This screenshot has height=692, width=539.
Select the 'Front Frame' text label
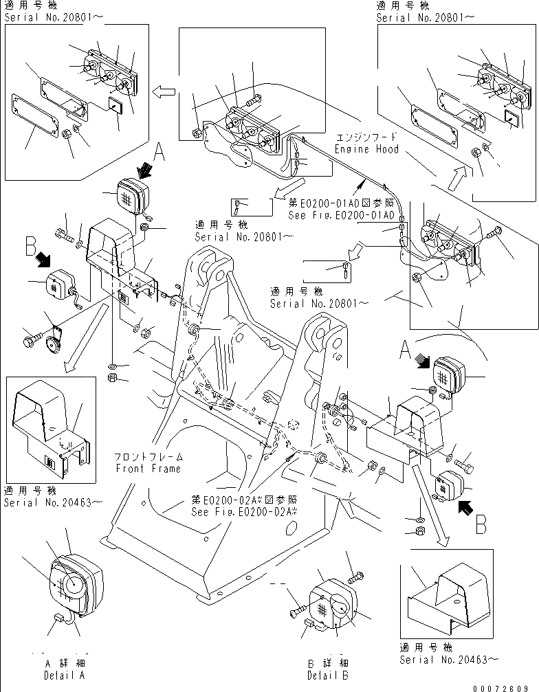pyautogui.click(x=148, y=469)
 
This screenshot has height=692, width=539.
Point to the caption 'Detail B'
pyautogui.click(x=327, y=675)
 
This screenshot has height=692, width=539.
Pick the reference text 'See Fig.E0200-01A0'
pyautogui.click(x=342, y=215)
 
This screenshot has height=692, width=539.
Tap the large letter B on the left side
pyautogui.click(x=30, y=245)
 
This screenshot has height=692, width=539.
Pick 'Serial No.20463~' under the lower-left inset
pyautogui.click(x=53, y=502)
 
